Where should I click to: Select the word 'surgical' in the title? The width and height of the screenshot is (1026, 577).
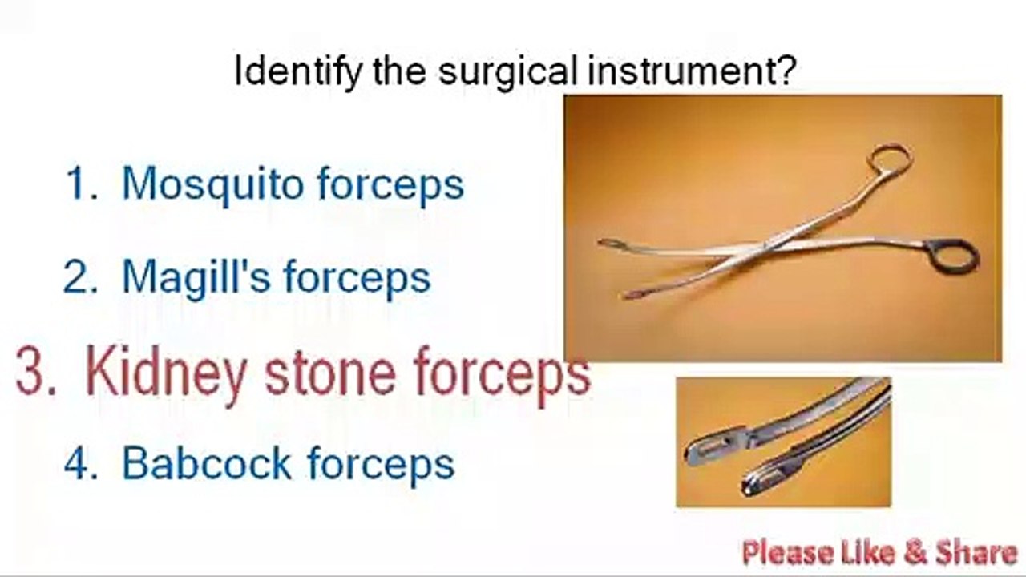pos(507,72)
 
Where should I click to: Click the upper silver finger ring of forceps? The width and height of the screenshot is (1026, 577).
pos(891,158)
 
